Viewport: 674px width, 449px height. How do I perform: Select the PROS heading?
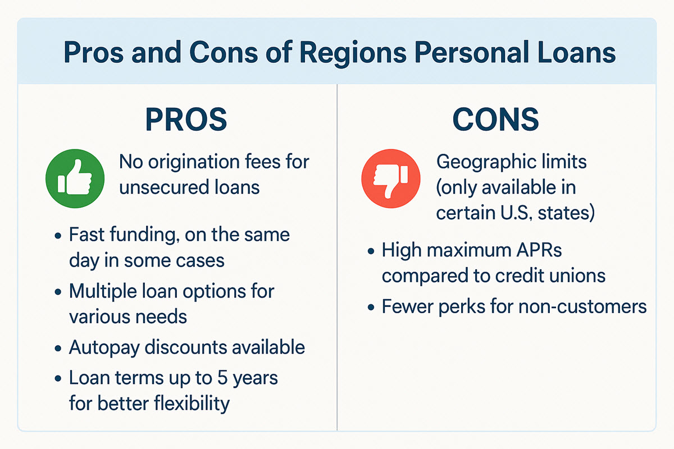click(186, 119)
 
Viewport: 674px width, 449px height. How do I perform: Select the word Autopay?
click(104, 347)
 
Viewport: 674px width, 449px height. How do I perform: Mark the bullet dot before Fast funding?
click(58, 235)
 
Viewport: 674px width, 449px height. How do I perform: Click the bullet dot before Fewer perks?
click(371, 308)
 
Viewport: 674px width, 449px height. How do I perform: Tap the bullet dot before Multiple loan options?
click(58, 292)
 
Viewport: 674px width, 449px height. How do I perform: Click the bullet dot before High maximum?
click(371, 251)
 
